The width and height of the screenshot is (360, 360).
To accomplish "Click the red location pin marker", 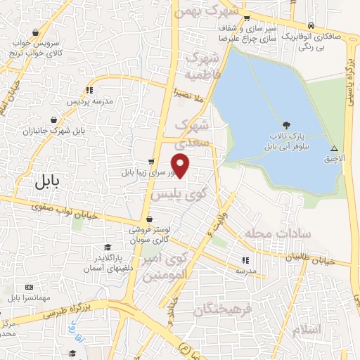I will tap(181, 165).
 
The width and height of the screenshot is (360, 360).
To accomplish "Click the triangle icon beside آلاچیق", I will tap(335, 148).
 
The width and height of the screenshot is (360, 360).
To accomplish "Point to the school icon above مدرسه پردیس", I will tap(89, 91).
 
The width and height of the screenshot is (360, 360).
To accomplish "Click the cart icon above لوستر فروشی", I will tap(150, 219).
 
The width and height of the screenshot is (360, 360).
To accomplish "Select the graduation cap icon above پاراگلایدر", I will tap(108, 247).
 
